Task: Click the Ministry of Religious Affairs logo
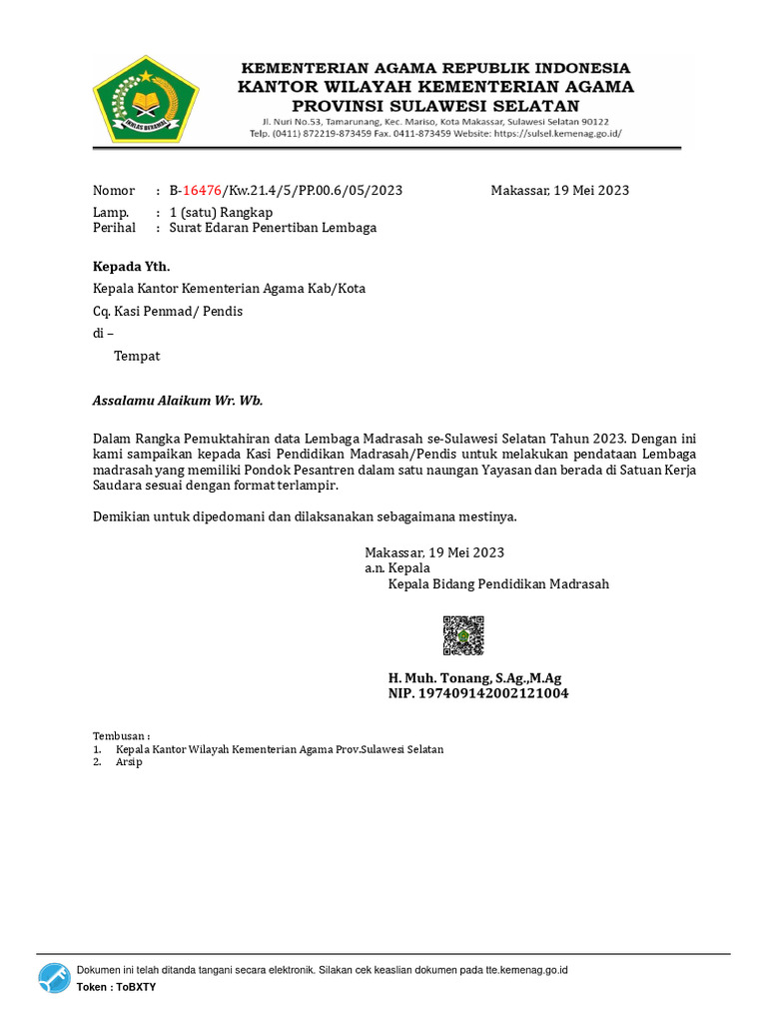pos(146,98)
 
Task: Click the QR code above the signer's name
pos(463,635)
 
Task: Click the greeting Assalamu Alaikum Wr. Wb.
pos(178,401)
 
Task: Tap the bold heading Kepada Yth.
pos(132,266)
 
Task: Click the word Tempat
pos(137,356)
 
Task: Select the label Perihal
pos(114,228)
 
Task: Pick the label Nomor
pos(114,191)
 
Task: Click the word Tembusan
pos(120,736)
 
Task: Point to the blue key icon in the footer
pos(55,978)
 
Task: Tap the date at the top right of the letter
pos(559,191)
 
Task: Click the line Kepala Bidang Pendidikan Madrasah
pos(498,584)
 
